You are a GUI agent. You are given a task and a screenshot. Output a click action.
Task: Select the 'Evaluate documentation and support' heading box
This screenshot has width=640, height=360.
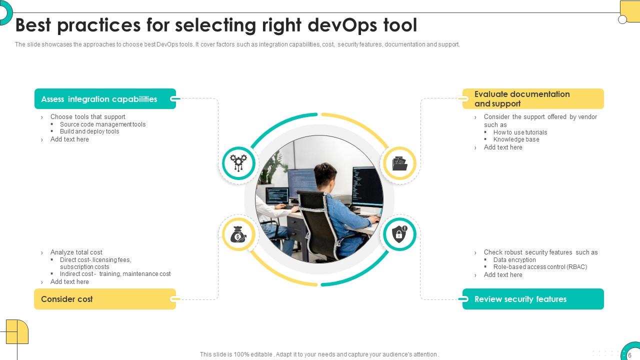533,99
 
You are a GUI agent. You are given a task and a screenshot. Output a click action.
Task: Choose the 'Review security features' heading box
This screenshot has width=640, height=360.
533,299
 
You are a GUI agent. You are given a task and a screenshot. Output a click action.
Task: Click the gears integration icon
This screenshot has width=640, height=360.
238,163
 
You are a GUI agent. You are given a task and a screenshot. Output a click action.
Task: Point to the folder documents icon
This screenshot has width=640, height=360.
399,163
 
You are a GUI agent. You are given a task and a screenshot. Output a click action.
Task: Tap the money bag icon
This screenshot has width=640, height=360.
238,234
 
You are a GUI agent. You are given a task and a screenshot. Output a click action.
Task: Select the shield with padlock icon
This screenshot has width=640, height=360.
399,234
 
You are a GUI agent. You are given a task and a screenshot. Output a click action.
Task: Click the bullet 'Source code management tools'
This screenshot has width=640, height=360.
102,124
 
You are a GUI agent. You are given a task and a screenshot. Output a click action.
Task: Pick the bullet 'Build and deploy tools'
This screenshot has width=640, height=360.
89,131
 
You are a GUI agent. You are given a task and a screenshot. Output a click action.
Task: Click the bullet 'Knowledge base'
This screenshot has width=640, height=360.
516,139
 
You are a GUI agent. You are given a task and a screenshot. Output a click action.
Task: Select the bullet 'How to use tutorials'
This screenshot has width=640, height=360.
520,132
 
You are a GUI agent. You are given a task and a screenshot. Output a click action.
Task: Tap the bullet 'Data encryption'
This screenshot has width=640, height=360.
514,260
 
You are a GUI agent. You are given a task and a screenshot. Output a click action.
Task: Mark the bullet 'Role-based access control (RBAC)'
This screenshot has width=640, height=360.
540,267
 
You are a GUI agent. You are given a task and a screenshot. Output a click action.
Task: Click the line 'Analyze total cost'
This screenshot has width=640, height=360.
76,252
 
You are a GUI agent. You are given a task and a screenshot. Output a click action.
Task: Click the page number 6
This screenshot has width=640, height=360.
629,355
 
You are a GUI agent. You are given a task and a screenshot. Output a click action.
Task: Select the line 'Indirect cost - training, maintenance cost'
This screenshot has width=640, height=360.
115,274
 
